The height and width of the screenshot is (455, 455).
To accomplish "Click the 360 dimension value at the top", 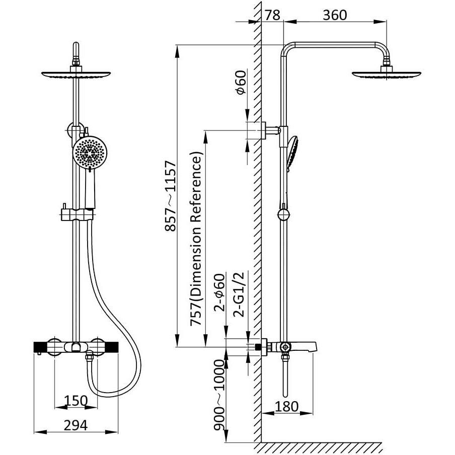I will (x=335, y=15).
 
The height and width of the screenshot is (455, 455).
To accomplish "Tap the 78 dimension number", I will (x=272, y=15).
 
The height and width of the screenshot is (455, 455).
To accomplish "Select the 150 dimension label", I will (x=75, y=401).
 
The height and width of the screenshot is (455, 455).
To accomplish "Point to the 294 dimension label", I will (x=75, y=425).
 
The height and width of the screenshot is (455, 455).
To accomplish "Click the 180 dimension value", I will (x=287, y=406).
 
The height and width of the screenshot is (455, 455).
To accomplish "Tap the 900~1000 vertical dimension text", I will (x=219, y=395).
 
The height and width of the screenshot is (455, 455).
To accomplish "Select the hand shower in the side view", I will (x=292, y=151).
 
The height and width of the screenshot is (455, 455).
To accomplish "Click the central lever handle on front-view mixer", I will (x=75, y=347).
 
